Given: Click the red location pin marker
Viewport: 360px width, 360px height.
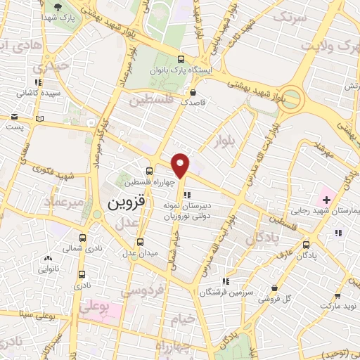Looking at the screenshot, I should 181,165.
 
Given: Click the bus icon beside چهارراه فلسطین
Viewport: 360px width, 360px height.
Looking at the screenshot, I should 149,171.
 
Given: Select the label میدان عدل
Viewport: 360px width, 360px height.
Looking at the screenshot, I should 139,253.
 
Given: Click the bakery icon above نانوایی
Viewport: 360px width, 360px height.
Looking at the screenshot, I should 47,259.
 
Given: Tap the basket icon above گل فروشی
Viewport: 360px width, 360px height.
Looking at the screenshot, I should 274,288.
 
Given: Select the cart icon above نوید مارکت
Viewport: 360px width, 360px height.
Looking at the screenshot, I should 338,297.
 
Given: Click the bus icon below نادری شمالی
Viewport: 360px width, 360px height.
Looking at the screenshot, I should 82,275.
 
